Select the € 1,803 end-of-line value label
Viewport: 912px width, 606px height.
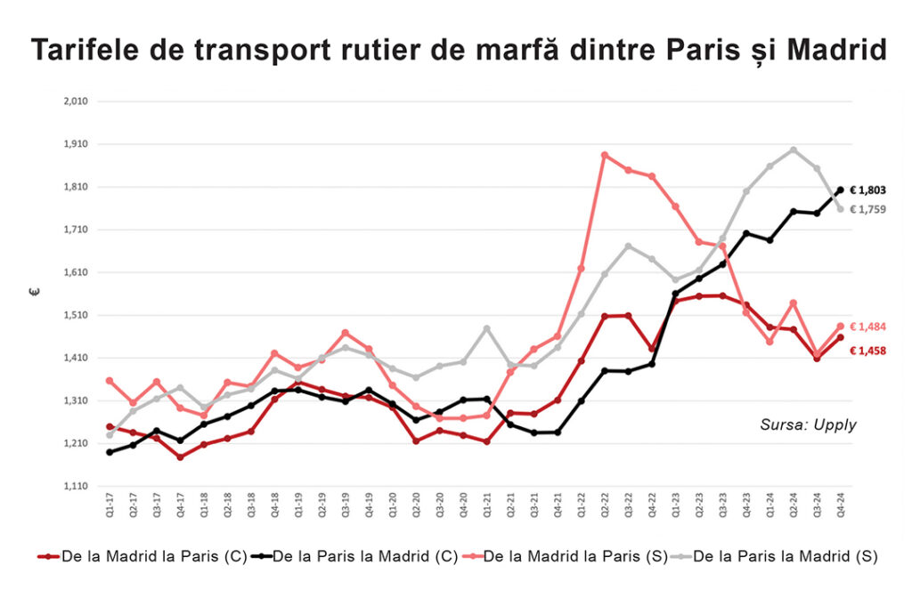[x=867, y=190]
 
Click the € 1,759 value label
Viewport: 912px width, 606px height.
[x=867, y=209]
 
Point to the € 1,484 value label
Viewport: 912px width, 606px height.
[x=867, y=327]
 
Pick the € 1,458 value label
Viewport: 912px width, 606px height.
[x=867, y=351]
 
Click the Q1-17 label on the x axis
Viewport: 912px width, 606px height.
[x=110, y=510]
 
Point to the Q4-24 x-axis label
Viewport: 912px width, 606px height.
[x=840, y=510]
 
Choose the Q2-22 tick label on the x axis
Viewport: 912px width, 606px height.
[x=605, y=510]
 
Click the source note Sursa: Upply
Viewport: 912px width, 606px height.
[x=808, y=425]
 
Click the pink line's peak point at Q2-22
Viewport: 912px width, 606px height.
[x=605, y=155]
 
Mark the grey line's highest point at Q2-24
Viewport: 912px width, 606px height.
[x=793, y=149]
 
